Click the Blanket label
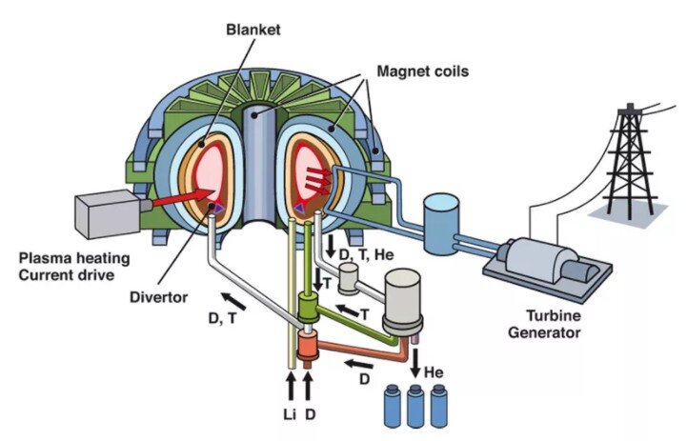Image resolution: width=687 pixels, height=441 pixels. coord(253,30)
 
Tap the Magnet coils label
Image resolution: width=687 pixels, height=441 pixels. coord(423,70)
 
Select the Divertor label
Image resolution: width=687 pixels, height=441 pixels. coord(158,297)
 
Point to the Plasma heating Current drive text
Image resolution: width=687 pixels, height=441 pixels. coord(74,267)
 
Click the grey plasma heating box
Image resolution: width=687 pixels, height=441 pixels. coord(109,214)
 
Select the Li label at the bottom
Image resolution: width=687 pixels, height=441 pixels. coord(289,413)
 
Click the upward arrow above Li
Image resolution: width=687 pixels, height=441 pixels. coord(290,386)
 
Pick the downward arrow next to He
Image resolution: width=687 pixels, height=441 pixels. coord(415,362)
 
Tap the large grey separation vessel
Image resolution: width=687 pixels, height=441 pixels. coord(402,301)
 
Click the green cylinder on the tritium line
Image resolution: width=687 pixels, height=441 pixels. coord(310,307)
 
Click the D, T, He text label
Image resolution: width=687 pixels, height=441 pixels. coord(366,254)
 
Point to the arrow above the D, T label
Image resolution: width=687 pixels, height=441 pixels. coord(233,301)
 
